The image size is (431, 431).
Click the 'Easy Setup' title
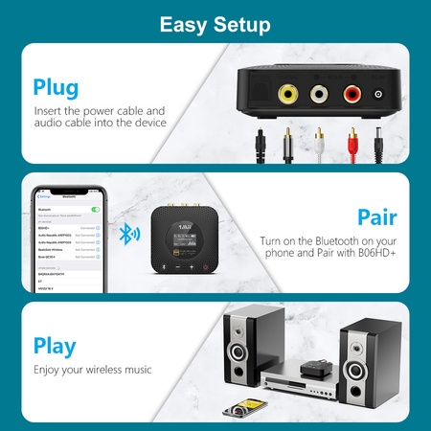pyautogui.click(x=215, y=23)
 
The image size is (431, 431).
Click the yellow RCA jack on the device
pyautogui.click(x=285, y=94)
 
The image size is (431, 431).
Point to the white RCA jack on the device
pyautogui.click(x=320, y=94)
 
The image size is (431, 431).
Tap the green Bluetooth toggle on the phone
pyautogui.click(x=95, y=208)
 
